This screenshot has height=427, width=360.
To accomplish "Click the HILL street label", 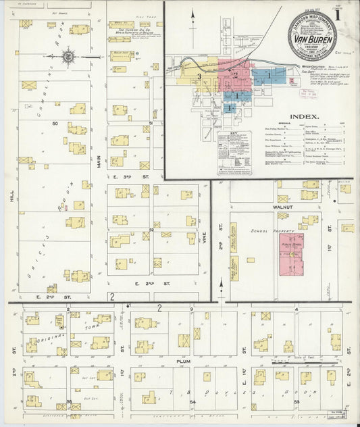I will (11, 196).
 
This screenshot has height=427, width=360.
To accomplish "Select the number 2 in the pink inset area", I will (236, 72).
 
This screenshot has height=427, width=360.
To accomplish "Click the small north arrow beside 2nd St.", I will (221, 291).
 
